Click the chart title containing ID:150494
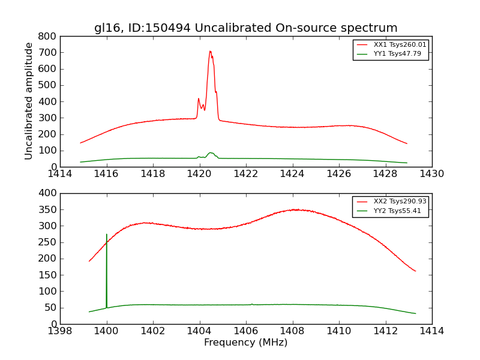click(245, 28)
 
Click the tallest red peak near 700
click(210, 52)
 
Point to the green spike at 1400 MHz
click(107, 235)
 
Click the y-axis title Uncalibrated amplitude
click(29, 101)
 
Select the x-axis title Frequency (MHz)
click(245, 343)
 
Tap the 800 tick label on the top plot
click(48, 36)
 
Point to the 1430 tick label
click(431, 174)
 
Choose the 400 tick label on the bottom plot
click(48, 193)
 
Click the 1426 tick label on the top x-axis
click(338, 174)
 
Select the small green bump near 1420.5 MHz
click(211, 153)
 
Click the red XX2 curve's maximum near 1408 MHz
click(295, 209)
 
